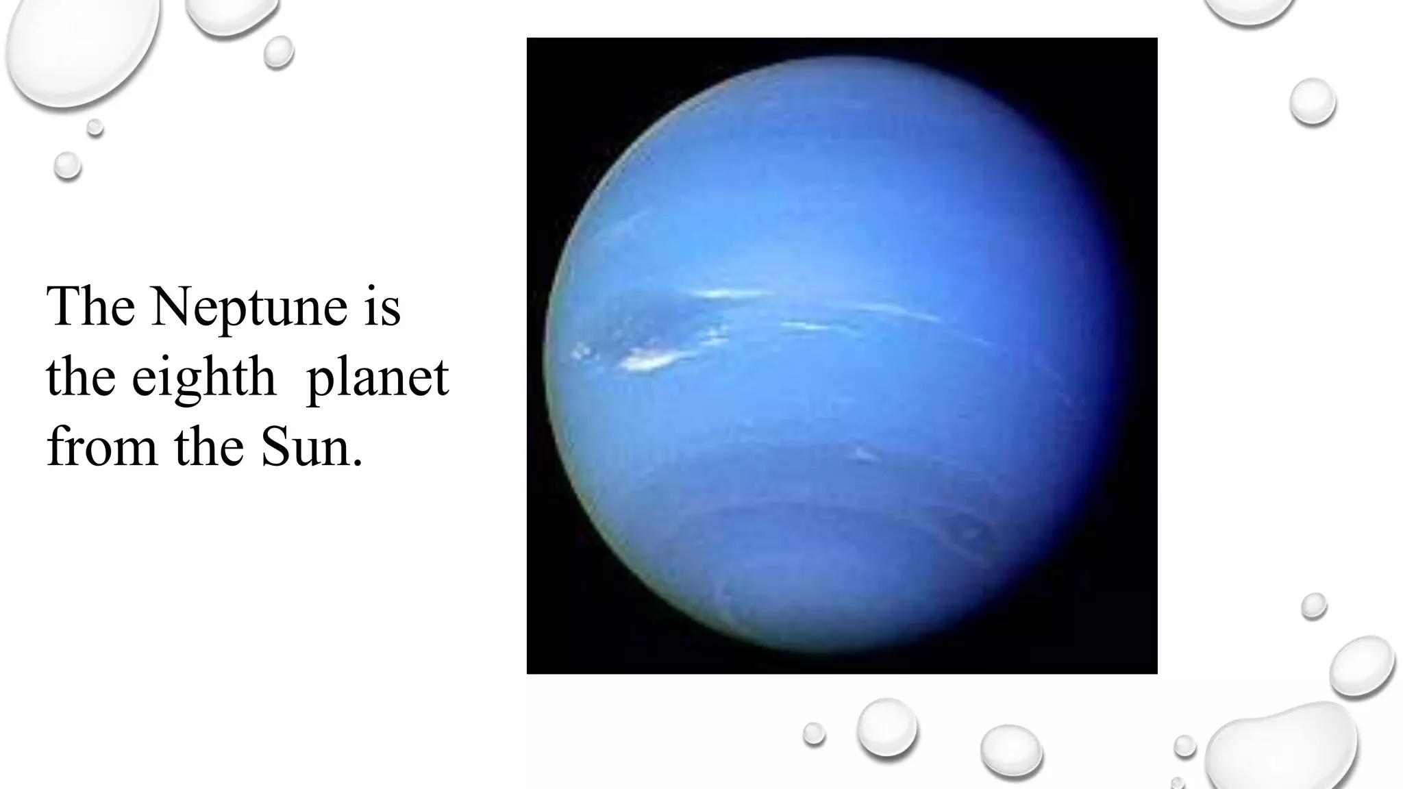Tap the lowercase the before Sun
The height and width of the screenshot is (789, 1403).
click(209, 447)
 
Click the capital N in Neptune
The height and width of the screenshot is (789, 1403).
click(171, 307)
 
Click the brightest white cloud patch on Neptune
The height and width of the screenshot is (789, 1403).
click(647, 360)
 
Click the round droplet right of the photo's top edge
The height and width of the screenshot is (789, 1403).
click(1313, 101)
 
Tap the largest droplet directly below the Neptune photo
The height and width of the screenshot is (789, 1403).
click(887, 728)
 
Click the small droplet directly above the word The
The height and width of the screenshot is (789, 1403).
click(68, 166)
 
